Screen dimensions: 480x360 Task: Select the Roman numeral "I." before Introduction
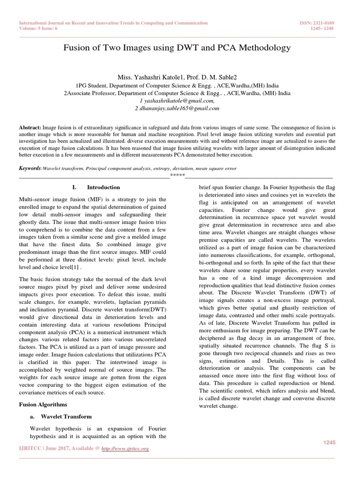(75, 187)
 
